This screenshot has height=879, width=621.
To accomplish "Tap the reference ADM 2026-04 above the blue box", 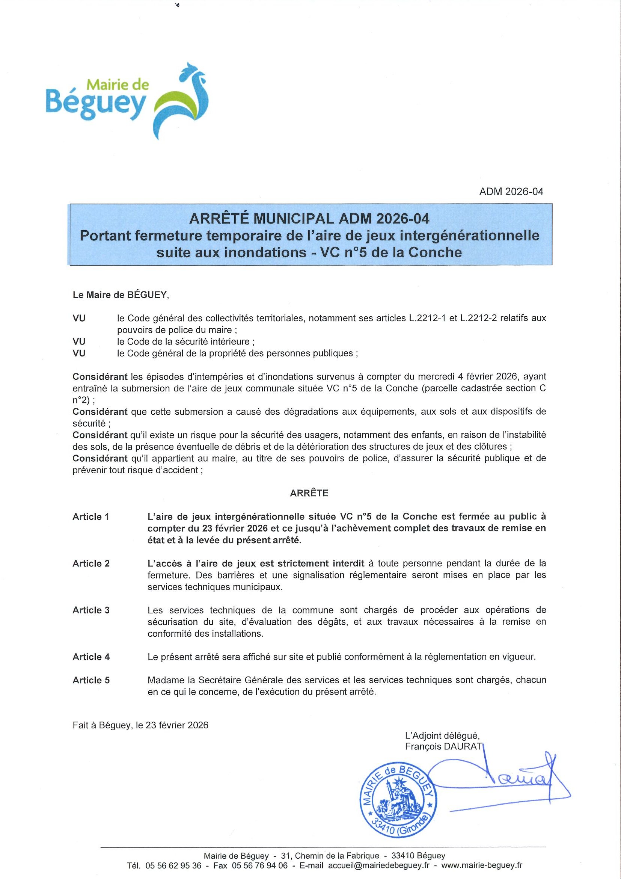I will tap(511, 192).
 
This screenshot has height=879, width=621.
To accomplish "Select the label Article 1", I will tap(91, 517).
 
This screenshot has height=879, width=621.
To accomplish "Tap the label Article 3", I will tap(91, 610).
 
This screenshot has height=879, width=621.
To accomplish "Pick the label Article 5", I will tap(91, 680).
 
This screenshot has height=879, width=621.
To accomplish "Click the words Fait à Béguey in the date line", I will tap(101, 725).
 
